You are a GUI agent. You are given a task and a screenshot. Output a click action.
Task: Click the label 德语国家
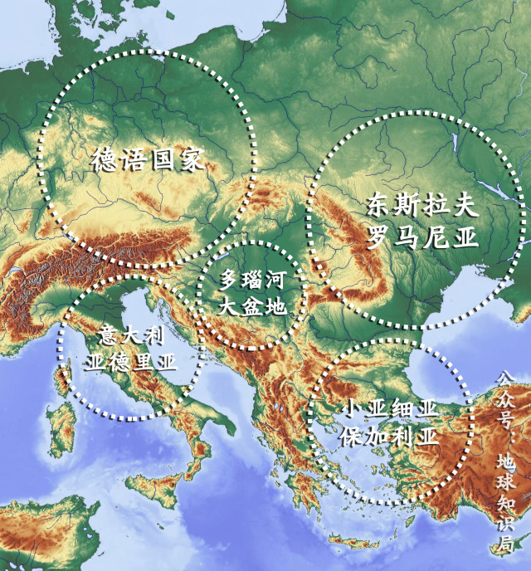coord(147,159)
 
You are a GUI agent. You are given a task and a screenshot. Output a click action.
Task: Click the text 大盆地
coord(253,305)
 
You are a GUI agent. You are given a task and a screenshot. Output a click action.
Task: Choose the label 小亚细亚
coord(388,412)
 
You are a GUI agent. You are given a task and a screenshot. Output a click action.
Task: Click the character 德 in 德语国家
coord(101,159)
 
